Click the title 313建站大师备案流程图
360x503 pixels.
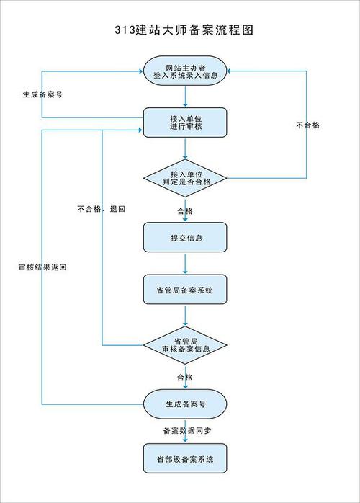point(184,30)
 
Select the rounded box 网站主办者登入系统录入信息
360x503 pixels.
point(186,71)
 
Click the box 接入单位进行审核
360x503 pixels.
point(186,123)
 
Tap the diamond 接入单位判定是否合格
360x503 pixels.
point(186,178)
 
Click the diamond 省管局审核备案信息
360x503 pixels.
point(186,344)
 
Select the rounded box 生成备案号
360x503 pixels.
point(186,404)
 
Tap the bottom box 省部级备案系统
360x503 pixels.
point(186,458)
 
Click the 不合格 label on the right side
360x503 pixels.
point(307,125)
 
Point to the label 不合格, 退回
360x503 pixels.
point(102,209)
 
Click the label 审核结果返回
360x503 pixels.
point(42,267)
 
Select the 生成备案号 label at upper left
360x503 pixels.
point(41,94)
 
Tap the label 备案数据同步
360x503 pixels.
point(186,431)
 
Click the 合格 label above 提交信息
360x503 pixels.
point(185,211)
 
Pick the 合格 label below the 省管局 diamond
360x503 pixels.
point(185,377)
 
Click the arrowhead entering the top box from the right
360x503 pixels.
point(233,71)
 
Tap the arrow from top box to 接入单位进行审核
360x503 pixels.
point(186,97)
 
